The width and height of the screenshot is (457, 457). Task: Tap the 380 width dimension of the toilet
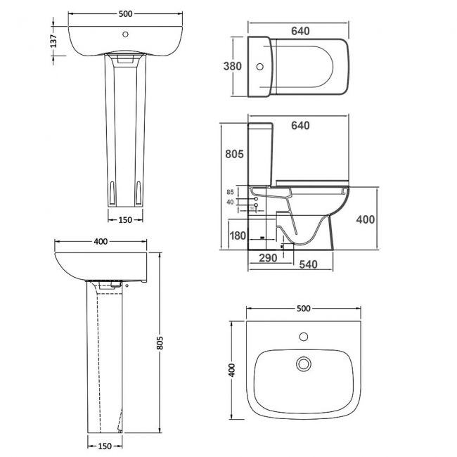click(233, 67)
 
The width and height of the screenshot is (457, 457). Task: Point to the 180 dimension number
click(238, 236)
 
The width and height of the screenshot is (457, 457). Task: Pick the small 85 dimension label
click(229, 192)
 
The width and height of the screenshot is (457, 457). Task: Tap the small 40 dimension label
click(229, 202)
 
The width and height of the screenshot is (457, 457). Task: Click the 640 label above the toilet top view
click(300, 31)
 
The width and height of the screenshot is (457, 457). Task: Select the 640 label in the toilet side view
click(300, 126)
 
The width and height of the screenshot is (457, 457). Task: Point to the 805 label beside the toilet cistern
click(234, 154)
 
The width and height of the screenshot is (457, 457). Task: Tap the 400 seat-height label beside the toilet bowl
click(365, 219)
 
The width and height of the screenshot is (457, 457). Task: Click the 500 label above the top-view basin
click(304, 309)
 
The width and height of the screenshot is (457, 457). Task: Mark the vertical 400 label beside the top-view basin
click(231, 370)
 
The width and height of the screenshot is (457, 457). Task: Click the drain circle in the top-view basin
click(304, 363)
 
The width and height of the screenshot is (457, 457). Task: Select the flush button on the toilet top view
click(259, 67)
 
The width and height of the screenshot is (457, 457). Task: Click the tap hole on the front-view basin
click(127, 33)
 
